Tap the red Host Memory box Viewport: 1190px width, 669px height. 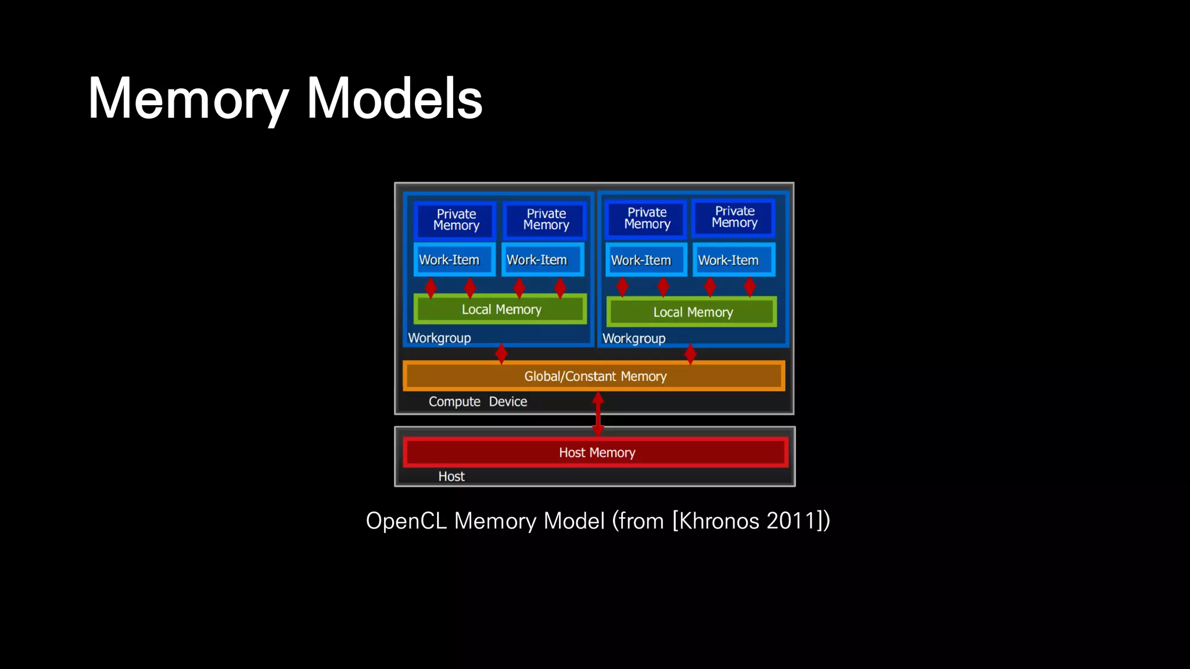coord(596,452)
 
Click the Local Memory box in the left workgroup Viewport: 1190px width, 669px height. coord(500,310)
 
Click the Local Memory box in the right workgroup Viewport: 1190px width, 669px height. coord(692,312)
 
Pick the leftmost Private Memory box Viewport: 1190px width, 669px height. coord(456,220)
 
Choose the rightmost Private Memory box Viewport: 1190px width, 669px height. coord(734,217)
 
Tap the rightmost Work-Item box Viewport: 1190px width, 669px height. coord(733,260)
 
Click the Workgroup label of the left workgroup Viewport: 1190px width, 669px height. coord(439,338)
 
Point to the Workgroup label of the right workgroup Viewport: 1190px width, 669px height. coord(633,339)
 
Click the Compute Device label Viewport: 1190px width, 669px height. coord(478,402)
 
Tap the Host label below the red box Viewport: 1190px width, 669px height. coord(451,477)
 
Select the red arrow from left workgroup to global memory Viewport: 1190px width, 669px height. coord(501,354)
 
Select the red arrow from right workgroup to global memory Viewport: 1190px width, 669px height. coord(690,354)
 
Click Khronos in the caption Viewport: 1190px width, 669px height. coord(719,521)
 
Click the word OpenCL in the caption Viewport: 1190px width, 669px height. coord(406,521)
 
